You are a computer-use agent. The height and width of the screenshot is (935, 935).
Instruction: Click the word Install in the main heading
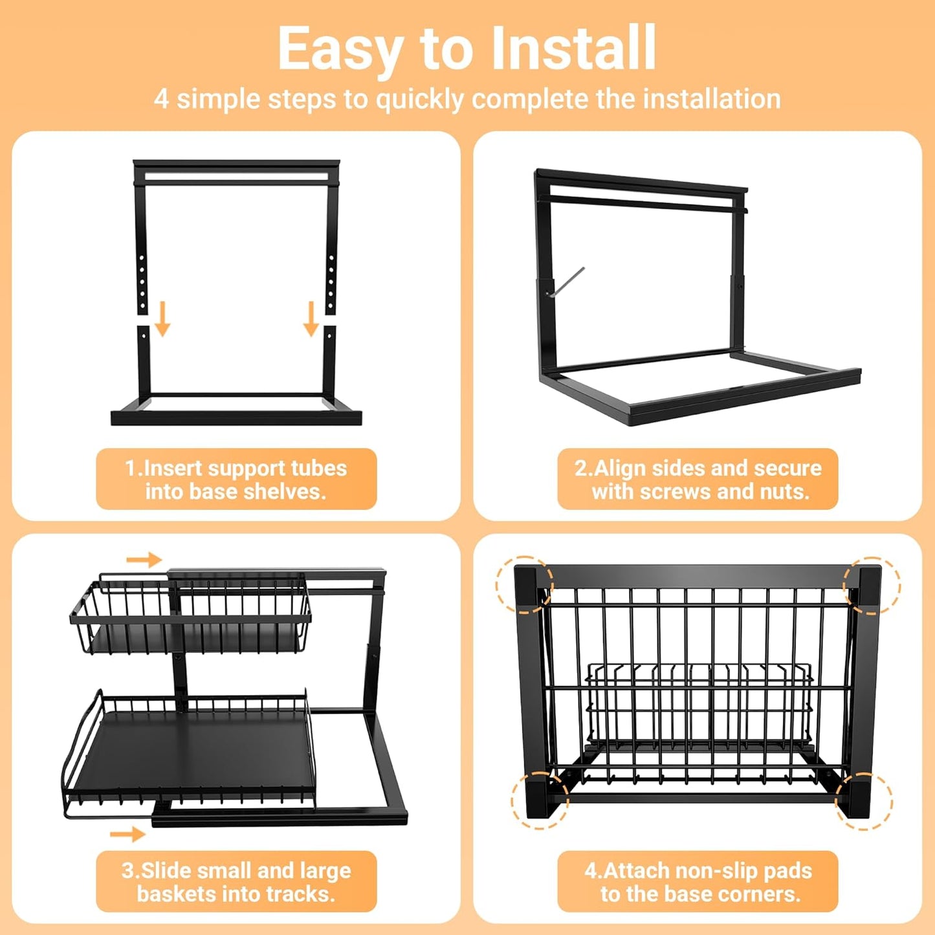573,49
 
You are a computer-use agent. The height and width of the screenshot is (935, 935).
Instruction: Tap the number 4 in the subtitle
161,100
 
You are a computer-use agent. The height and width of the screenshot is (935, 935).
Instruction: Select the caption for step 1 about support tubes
236,479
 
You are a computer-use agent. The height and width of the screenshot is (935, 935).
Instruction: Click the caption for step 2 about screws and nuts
698,479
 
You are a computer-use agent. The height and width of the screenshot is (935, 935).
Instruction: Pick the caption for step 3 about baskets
236,882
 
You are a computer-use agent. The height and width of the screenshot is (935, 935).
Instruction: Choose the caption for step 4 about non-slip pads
698,882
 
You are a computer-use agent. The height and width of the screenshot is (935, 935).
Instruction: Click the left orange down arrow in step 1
162,318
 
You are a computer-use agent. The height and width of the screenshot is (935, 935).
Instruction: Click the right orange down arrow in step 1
311,318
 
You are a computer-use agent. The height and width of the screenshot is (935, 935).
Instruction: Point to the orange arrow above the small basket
144,560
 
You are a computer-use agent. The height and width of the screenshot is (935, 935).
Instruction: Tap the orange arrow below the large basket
127,834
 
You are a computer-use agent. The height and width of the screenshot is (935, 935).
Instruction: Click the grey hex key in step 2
567,281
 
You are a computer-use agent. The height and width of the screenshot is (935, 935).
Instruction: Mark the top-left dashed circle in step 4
524,584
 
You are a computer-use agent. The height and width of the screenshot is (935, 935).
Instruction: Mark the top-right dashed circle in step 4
872,585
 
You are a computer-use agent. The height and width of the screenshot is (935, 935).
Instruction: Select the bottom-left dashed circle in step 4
540,800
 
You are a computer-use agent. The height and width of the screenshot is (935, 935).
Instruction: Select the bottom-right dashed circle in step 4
864,801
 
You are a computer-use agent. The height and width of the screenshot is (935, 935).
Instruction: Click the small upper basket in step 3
191,615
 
